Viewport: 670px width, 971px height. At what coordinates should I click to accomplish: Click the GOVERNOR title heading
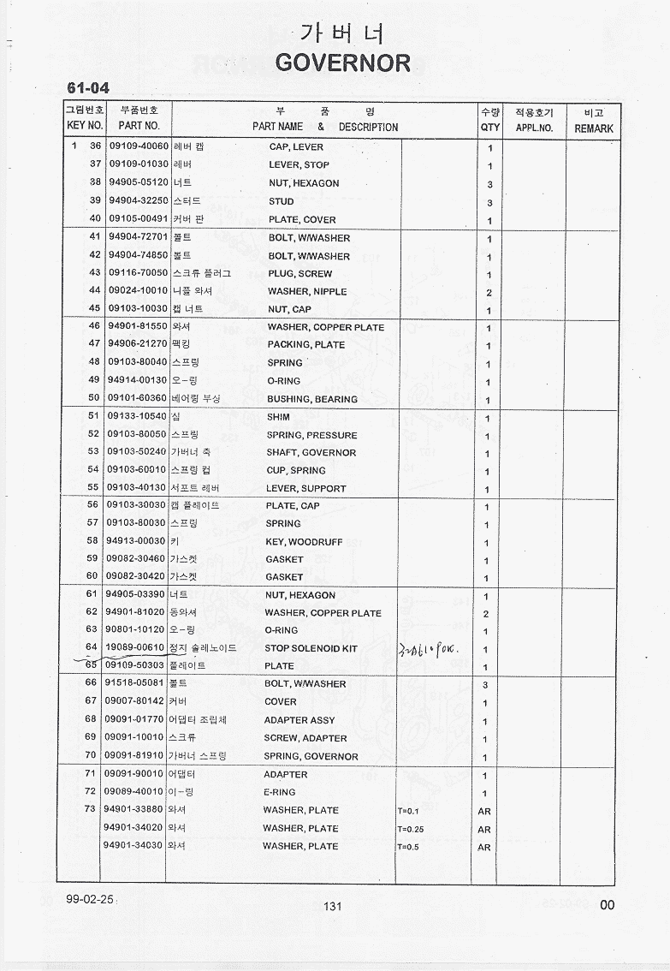click(343, 63)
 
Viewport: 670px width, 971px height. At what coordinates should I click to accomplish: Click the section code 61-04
click(88, 87)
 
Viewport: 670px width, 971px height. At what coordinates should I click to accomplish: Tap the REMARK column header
click(593, 128)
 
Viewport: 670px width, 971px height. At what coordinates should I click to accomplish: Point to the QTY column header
click(490, 128)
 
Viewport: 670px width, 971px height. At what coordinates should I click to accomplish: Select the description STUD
click(281, 201)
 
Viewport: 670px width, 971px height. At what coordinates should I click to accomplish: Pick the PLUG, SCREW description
click(299, 274)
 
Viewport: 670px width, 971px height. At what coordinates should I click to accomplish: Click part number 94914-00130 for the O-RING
click(137, 380)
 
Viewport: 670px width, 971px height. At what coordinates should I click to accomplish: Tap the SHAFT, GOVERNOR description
click(311, 452)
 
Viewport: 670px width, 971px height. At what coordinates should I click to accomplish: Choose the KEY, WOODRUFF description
click(304, 542)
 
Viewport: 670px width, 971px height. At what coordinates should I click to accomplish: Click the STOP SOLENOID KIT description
click(311, 648)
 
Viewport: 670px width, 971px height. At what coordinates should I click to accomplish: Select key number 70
click(90, 755)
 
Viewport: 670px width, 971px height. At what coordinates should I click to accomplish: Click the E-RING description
click(280, 792)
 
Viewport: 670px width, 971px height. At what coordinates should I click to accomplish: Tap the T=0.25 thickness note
click(411, 829)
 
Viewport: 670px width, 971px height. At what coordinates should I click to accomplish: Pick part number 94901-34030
click(133, 845)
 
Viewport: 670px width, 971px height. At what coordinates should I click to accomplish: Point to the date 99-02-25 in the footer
click(89, 899)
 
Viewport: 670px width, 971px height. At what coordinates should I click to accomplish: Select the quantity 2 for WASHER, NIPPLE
click(489, 292)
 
